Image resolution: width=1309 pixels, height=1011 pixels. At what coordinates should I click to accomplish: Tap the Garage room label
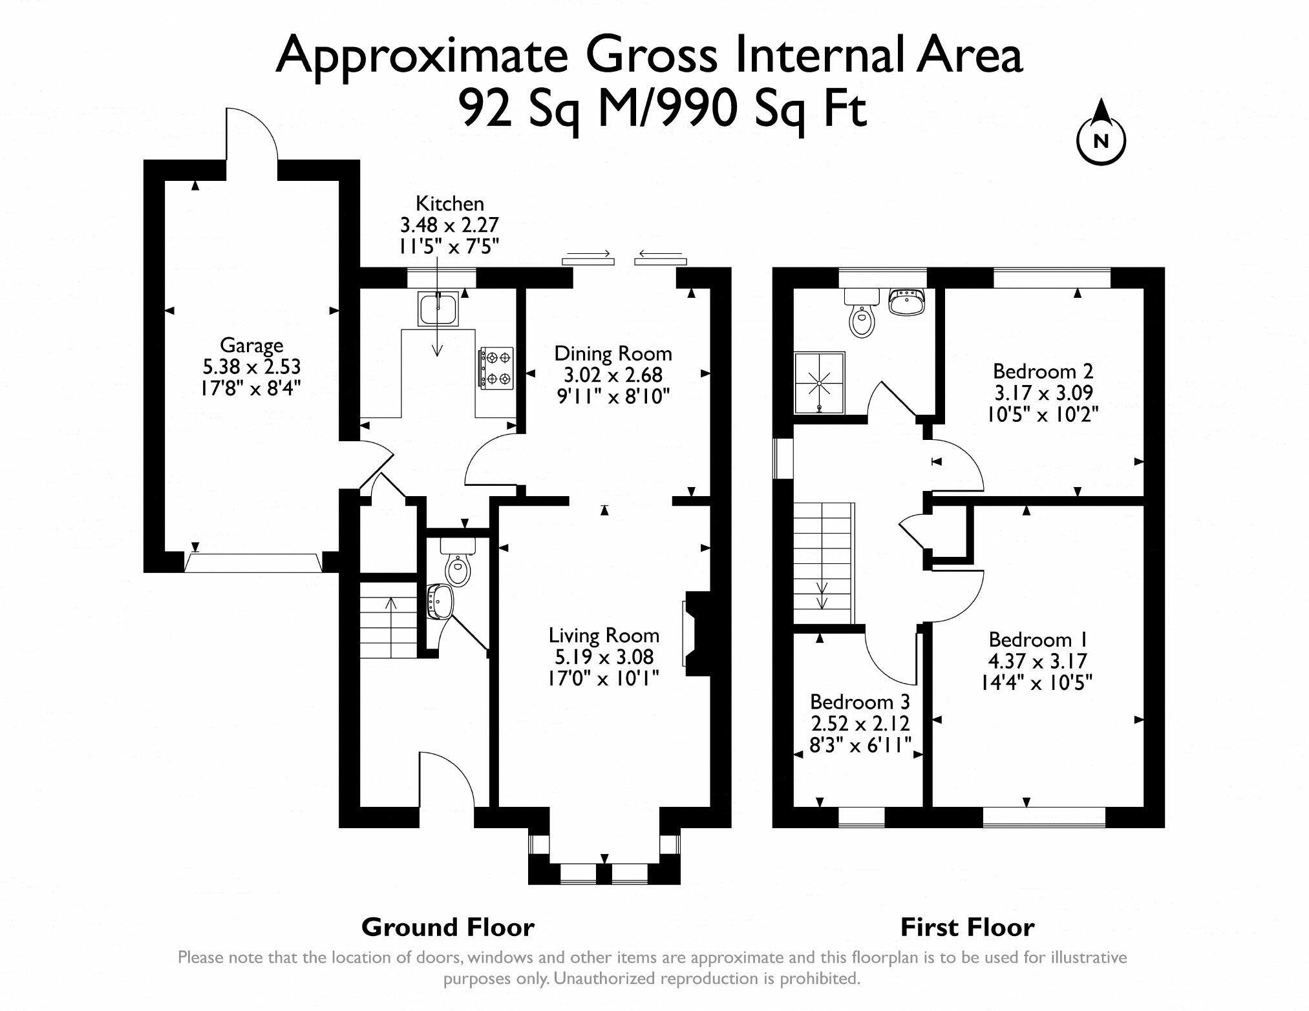click(x=251, y=344)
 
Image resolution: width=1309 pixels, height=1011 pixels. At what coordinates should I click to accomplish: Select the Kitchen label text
click(x=449, y=203)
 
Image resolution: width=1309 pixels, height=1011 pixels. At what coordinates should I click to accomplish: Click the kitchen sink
click(x=439, y=308)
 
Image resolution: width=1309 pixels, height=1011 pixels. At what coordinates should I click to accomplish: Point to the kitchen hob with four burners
click(x=496, y=368)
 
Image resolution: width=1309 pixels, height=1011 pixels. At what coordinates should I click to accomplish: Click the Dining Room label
click(x=613, y=353)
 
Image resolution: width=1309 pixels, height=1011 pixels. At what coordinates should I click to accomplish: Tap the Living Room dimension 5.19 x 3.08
click(x=604, y=657)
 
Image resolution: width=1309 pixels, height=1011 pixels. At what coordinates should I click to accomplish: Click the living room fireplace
click(x=696, y=633)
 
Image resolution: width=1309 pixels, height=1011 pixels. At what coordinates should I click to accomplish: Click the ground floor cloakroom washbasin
click(x=441, y=601)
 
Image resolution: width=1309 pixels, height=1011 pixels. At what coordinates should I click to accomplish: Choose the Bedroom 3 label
click(x=860, y=702)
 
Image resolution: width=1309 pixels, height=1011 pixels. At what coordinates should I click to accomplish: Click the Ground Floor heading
click(x=447, y=928)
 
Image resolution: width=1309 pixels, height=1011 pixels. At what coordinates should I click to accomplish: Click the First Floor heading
click(x=967, y=928)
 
